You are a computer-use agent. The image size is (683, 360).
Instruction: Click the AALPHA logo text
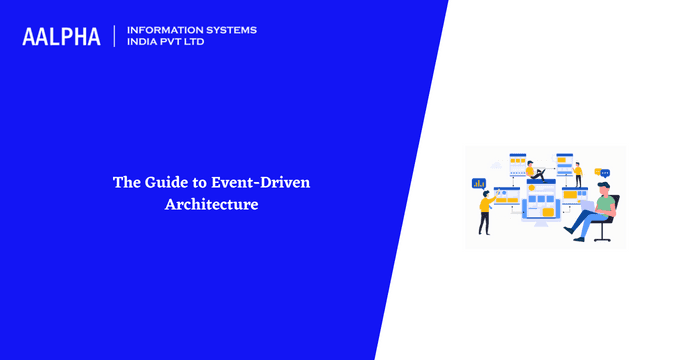(61, 37)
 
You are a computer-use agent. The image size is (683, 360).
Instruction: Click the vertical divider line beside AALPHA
(115, 36)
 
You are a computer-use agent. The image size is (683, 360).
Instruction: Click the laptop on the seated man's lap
(586, 206)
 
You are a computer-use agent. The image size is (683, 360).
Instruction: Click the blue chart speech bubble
(478, 183)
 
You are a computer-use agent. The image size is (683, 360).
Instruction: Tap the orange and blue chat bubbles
(602, 173)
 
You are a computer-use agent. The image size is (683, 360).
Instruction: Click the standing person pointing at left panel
(485, 211)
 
